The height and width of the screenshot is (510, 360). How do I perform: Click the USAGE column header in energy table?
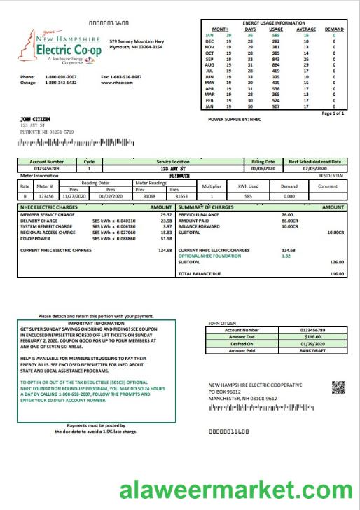point(276,29)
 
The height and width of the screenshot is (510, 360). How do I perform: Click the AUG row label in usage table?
point(209,64)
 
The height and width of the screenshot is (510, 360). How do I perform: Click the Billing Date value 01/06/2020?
point(263,169)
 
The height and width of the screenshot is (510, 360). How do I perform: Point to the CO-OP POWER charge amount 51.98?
point(167,239)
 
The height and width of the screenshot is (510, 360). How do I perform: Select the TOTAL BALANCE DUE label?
point(203,273)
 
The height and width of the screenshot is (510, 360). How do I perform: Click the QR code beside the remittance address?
point(338,387)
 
